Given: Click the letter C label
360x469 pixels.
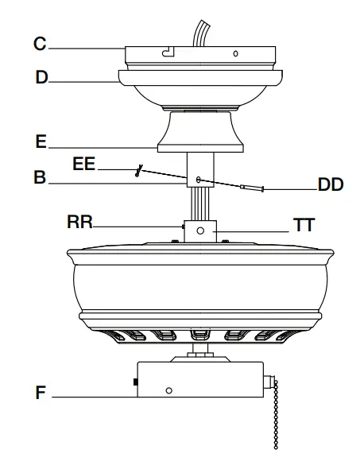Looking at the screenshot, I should coord(39,45).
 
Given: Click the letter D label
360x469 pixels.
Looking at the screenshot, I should coord(41,77).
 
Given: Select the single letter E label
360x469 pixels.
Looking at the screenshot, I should coord(41,142).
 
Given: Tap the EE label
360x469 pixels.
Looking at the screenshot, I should coord(83,165).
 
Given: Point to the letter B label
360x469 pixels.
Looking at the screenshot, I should coord(40,180).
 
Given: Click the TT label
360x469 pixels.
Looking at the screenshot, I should coord(304,226).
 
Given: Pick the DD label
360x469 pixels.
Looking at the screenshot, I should coord(329,184).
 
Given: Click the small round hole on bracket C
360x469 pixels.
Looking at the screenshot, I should coord(234,54).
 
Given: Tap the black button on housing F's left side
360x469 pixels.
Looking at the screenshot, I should coord(135,383).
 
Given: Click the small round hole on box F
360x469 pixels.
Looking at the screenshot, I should coord(168,391).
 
